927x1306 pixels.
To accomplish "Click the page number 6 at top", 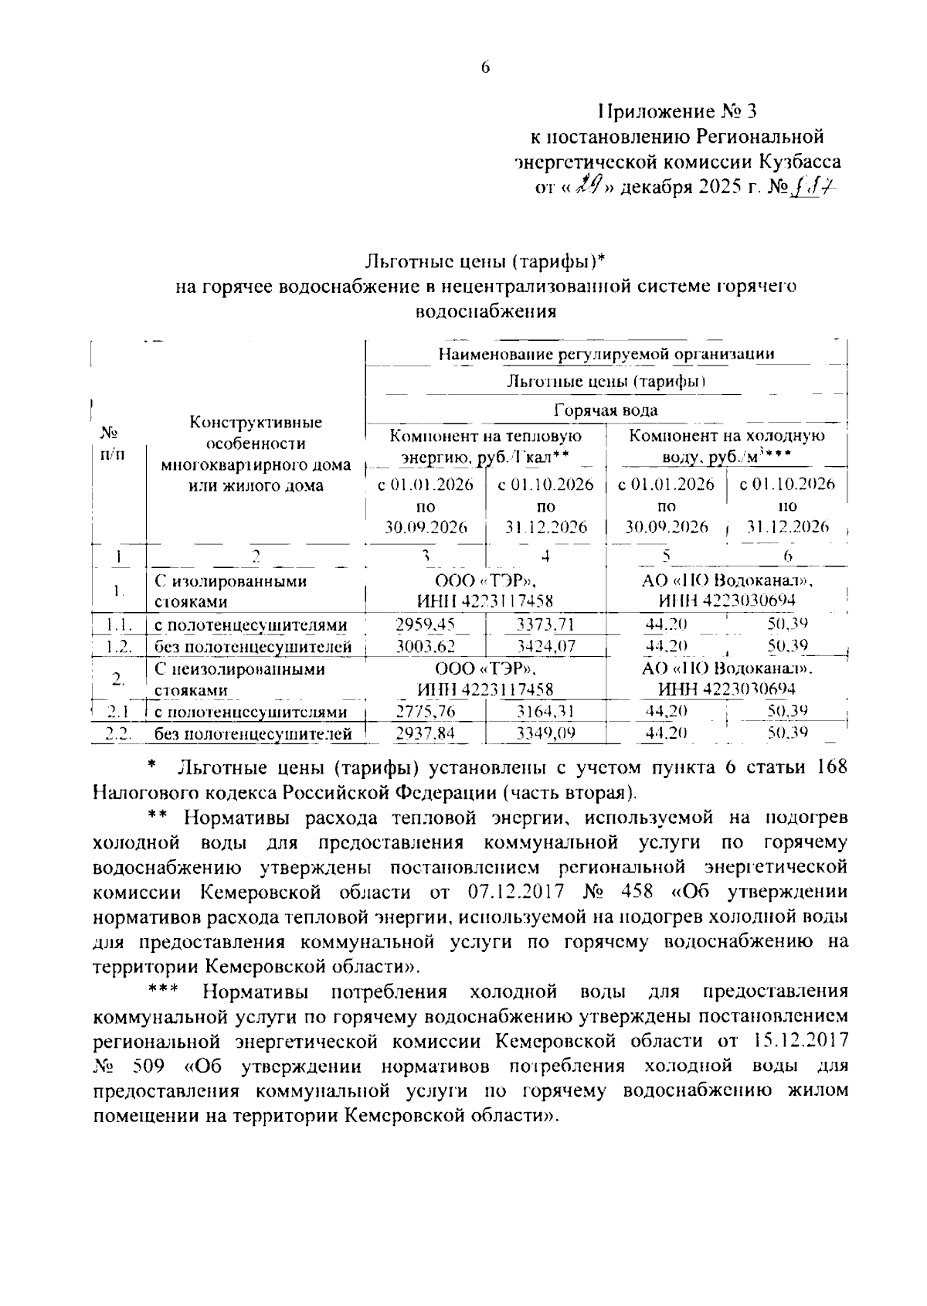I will pos(485,68).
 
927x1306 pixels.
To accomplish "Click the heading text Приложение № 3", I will pos(677,111).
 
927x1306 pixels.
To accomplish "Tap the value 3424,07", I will pos(545,647).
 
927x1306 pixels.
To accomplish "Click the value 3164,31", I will pos(545,712).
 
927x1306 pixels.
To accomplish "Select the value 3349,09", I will pos(545,733).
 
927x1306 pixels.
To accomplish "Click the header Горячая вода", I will pos(606,410).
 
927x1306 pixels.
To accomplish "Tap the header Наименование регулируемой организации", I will pos(606,354).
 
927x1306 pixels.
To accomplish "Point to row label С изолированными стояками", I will pos(230,591).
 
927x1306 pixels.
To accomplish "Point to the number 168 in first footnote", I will pos(830,767).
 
